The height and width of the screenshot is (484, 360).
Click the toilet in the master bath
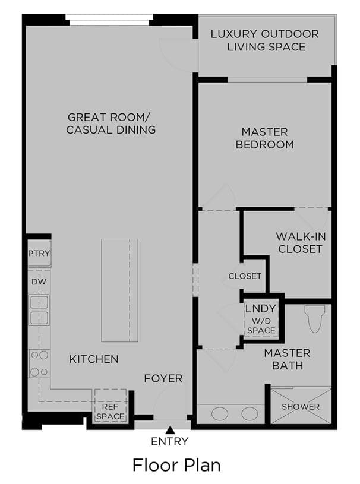point(315,319)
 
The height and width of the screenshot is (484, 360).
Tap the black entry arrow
point(169,429)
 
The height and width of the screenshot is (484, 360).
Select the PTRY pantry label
point(39,253)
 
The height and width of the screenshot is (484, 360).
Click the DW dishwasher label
point(39,281)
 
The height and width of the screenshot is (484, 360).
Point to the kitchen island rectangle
point(120,290)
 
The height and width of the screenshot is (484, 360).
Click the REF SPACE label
point(110,412)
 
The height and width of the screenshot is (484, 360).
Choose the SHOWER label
point(301,407)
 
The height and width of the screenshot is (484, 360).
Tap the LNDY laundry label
point(261,308)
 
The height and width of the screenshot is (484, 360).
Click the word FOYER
point(163,378)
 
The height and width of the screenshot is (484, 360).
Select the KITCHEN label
point(94,359)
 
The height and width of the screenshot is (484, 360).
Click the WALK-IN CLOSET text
point(301,243)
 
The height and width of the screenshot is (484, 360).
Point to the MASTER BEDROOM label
point(264,138)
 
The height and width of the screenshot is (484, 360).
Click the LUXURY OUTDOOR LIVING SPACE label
point(265,40)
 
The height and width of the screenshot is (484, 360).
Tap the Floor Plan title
point(176,465)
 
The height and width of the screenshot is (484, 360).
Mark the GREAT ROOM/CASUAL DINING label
point(111,124)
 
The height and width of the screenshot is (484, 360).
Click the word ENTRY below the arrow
point(169,441)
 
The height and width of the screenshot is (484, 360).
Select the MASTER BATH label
point(287,359)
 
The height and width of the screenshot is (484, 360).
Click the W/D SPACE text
point(261,325)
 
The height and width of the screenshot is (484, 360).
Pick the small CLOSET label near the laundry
point(245,276)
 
